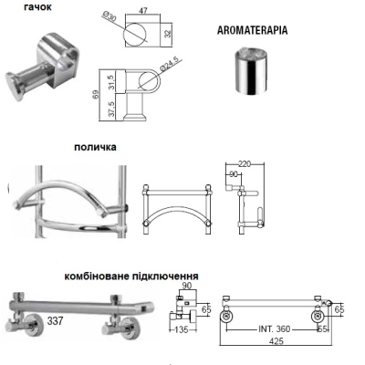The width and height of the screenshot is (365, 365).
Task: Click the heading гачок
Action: [x=37, y=6]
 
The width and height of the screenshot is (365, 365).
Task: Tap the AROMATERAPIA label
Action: [x=252, y=30]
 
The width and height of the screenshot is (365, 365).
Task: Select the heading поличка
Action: [x=95, y=147]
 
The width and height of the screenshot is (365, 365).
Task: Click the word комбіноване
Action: [x=97, y=276]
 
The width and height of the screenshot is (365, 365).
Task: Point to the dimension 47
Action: [x=143, y=11]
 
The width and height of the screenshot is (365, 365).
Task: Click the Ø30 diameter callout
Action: [x=109, y=16]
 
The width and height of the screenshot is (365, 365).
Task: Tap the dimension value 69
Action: [x=95, y=95]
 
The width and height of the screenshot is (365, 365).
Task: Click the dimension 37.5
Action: [x=112, y=109]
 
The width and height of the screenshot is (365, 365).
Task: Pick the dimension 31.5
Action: [x=112, y=82]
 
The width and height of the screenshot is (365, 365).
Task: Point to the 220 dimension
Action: [x=245, y=164]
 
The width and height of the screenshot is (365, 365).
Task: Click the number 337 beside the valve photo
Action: [x=55, y=320]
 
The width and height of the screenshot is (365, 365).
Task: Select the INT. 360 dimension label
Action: [x=275, y=329]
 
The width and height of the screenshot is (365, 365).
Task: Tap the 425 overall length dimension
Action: [x=276, y=341]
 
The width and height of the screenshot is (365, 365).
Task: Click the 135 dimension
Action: [x=182, y=329]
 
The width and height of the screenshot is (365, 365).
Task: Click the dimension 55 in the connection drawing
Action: [x=323, y=329]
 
